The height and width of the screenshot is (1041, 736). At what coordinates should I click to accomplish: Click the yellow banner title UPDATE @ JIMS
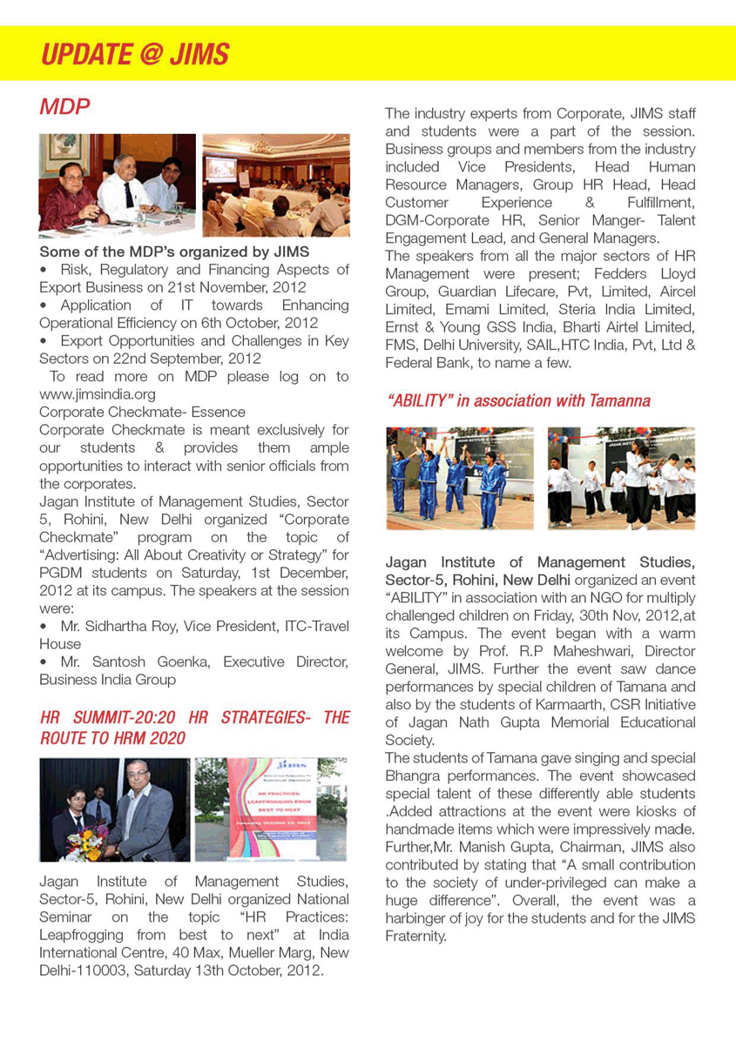tap(135, 54)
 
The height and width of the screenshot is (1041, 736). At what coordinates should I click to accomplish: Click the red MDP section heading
tap(65, 107)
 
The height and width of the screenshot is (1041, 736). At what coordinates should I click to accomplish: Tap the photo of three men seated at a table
tap(117, 184)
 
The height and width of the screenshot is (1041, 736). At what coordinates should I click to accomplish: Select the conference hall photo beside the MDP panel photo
tap(275, 185)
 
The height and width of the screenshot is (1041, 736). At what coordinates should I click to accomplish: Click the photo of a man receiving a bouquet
tap(114, 809)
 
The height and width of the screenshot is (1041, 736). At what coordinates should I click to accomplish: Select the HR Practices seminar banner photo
tap(271, 809)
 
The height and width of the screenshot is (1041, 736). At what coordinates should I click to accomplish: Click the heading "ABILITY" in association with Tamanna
tap(518, 400)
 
